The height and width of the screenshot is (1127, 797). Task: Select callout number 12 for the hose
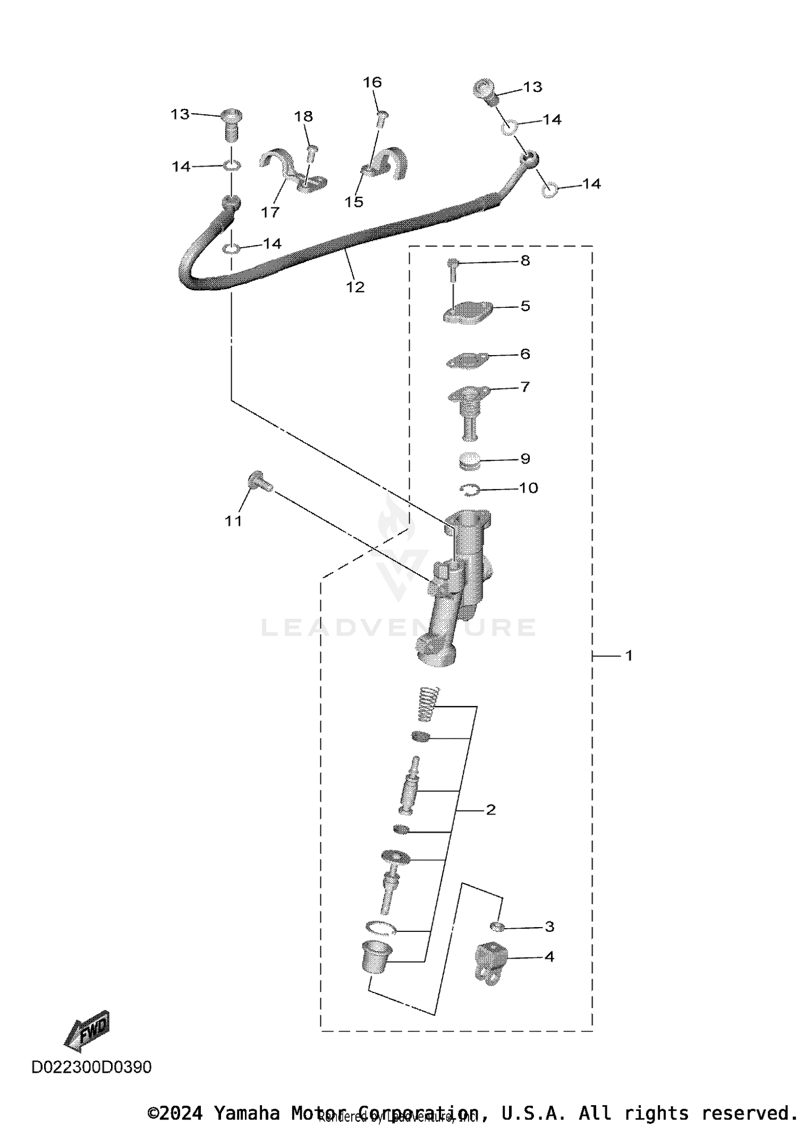(x=355, y=287)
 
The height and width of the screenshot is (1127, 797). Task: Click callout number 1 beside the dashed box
(x=629, y=656)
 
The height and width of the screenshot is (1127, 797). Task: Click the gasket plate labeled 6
(x=467, y=360)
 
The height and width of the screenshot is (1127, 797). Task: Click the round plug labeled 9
(x=470, y=460)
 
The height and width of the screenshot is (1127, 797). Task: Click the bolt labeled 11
(x=260, y=482)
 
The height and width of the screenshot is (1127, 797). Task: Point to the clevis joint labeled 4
(x=490, y=962)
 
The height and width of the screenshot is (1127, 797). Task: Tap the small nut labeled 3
(x=497, y=927)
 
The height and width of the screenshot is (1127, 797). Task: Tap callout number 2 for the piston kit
(x=490, y=810)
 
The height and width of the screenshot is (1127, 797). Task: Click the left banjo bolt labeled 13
(x=231, y=124)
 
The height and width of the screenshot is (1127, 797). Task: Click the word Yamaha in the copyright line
(x=247, y=1113)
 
